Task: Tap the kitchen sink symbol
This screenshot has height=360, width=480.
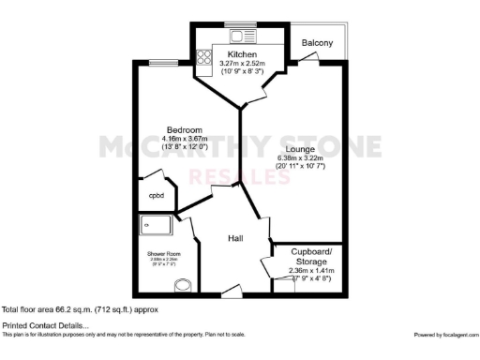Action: [236, 37]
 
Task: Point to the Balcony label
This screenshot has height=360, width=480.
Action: [317, 43]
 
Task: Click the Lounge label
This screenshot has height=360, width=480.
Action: [299, 147]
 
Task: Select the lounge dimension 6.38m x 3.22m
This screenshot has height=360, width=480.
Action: [299, 157]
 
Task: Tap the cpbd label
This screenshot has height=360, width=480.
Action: [156, 195]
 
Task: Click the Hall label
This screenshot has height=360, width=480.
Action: [236, 239]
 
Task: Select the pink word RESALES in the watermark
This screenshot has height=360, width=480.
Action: [239, 176]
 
